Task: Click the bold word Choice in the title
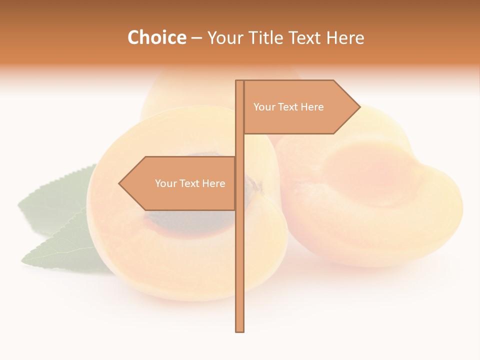156,37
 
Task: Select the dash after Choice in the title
196,38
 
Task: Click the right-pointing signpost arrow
300,107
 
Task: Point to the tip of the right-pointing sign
359,106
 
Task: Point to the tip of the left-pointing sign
119,183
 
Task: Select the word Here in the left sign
213,183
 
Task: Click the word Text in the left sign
189,183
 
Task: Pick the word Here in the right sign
311,107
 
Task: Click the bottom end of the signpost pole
240,330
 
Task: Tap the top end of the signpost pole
240,82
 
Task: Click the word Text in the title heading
306,37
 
